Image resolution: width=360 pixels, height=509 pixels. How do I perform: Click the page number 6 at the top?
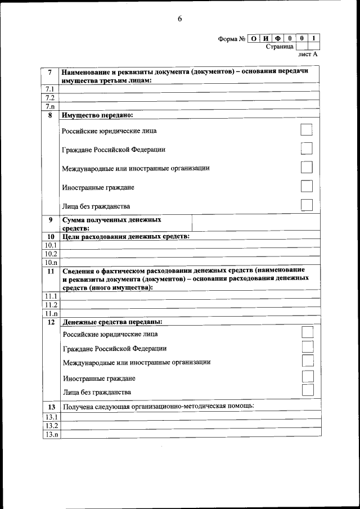[x=179, y=19]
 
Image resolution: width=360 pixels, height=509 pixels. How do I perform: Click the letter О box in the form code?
[x=254, y=39]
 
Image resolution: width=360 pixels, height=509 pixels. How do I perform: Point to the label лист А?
[x=307, y=55]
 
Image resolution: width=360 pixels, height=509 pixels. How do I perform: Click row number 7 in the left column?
[x=51, y=73]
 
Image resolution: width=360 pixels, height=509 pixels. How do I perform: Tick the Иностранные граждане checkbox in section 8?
[x=306, y=186]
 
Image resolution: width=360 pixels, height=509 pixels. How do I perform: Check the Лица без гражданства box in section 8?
[x=306, y=205]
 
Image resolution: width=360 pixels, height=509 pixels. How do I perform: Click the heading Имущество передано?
[x=97, y=115]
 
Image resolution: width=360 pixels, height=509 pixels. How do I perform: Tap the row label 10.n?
[x=51, y=262]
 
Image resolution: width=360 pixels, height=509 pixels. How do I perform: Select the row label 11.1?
[x=51, y=296]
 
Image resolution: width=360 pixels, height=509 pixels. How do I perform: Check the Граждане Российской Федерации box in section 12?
[x=307, y=347]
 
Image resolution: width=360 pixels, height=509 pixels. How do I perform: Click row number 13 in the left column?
[x=51, y=406]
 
